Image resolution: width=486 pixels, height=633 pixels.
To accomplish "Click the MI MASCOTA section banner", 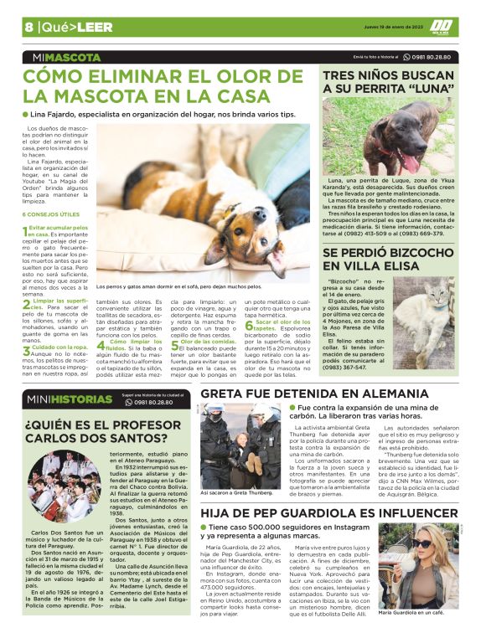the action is point(62,58).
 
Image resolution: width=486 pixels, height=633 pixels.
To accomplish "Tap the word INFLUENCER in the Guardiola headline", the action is point(406,510).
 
